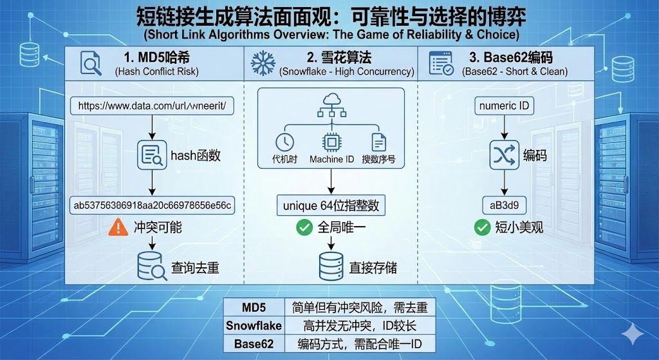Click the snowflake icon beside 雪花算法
click(263, 63)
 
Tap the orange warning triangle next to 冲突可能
click(118, 227)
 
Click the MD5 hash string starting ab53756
click(153, 205)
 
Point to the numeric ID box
click(505, 105)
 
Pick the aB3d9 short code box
click(505, 205)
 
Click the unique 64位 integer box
click(331, 205)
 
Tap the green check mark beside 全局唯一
click(304, 227)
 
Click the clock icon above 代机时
click(284, 142)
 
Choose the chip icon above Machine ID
click(331, 142)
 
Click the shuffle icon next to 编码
click(505, 155)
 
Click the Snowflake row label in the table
click(254, 326)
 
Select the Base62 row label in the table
click(254, 344)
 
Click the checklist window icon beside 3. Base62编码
click(441, 63)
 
